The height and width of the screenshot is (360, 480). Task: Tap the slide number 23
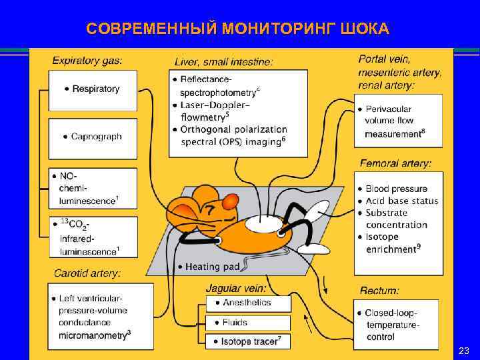(464, 351)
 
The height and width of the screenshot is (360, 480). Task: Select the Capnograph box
(93, 137)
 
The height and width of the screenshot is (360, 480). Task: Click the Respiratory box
(93, 89)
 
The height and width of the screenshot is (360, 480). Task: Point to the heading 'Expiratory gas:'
(87, 61)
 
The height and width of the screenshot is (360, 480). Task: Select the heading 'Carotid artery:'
(87, 273)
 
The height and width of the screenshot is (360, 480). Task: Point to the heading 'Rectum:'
(379, 291)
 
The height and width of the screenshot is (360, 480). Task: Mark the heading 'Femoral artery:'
(395, 163)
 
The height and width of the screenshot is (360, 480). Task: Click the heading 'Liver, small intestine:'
(223, 62)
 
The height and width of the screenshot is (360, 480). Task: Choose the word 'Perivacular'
(389, 109)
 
